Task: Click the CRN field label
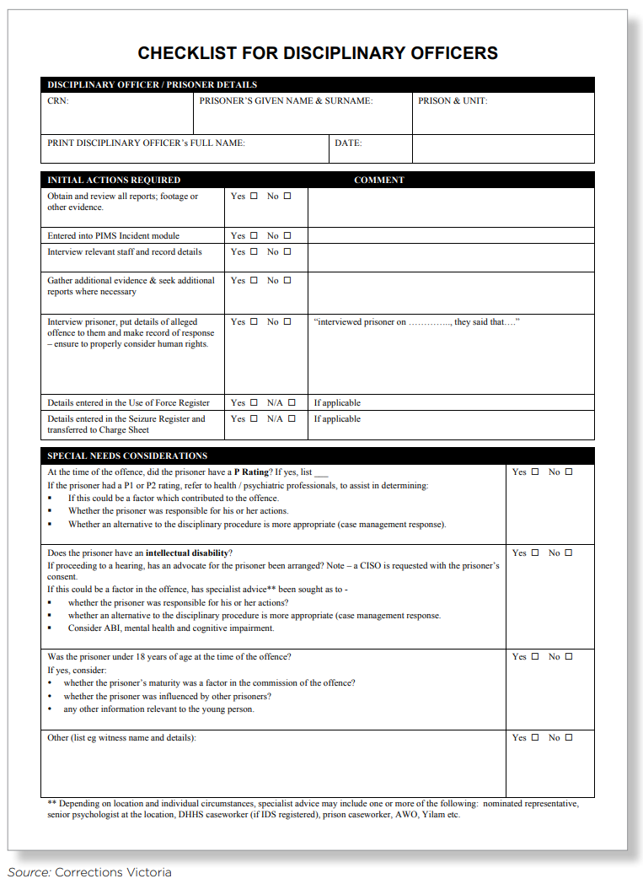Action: pos(58,101)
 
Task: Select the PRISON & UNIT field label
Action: pos(453,101)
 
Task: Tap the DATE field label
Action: pos(348,143)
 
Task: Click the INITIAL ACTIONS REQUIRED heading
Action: pos(114,180)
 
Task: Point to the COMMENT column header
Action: pos(379,180)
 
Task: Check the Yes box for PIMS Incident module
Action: pos(254,236)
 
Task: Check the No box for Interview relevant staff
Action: pos(287,252)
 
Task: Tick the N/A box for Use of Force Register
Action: pos(292,403)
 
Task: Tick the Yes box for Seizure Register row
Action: pos(254,419)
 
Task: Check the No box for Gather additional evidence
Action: pos(287,281)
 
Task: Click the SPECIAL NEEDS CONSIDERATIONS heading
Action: pos(127,455)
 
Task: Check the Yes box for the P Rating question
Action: pos(535,472)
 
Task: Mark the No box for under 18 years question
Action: pos(569,657)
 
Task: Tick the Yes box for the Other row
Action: pos(535,738)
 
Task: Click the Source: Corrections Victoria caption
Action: pos(90,872)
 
